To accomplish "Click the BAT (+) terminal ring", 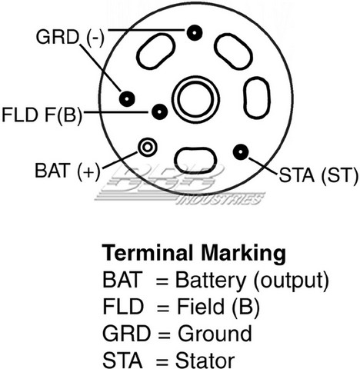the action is (x=148, y=147).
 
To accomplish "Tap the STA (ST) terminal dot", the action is (x=241, y=152).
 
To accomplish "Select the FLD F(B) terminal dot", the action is (x=159, y=111).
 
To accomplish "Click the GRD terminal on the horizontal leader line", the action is (x=195, y=33).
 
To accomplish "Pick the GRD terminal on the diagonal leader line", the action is (x=127, y=98).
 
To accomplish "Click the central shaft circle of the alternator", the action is (x=196, y=98).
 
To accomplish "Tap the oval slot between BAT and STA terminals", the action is (x=195, y=161).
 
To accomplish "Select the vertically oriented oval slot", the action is (x=256, y=98).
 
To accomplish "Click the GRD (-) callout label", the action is (x=70, y=38).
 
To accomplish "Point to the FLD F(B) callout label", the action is (x=42, y=115).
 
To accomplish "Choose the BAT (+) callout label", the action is (x=68, y=171).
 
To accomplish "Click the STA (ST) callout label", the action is (x=318, y=175).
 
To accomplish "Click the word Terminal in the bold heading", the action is (x=148, y=253).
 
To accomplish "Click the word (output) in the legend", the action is (x=292, y=281).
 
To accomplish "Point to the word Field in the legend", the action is (x=201, y=307).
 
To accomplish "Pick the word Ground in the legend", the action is (x=215, y=334).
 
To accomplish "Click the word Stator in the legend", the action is (x=205, y=361).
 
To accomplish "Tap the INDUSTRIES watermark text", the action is (x=221, y=199).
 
